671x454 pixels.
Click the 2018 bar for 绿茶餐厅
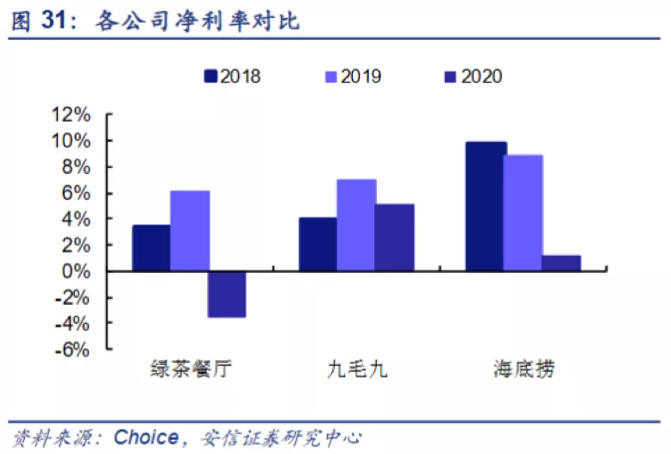151,248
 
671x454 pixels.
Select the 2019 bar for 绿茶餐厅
189,231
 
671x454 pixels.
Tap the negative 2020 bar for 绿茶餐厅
226,294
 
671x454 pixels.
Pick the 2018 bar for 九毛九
317,244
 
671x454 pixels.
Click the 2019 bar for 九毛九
355,225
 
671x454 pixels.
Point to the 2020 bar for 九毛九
393,238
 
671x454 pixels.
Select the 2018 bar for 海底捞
485,207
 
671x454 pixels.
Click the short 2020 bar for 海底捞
561,263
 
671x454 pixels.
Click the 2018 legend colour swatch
210,78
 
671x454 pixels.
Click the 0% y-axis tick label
76,271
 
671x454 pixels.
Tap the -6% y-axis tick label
72,350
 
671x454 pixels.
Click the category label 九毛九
357,371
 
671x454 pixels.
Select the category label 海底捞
524,371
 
